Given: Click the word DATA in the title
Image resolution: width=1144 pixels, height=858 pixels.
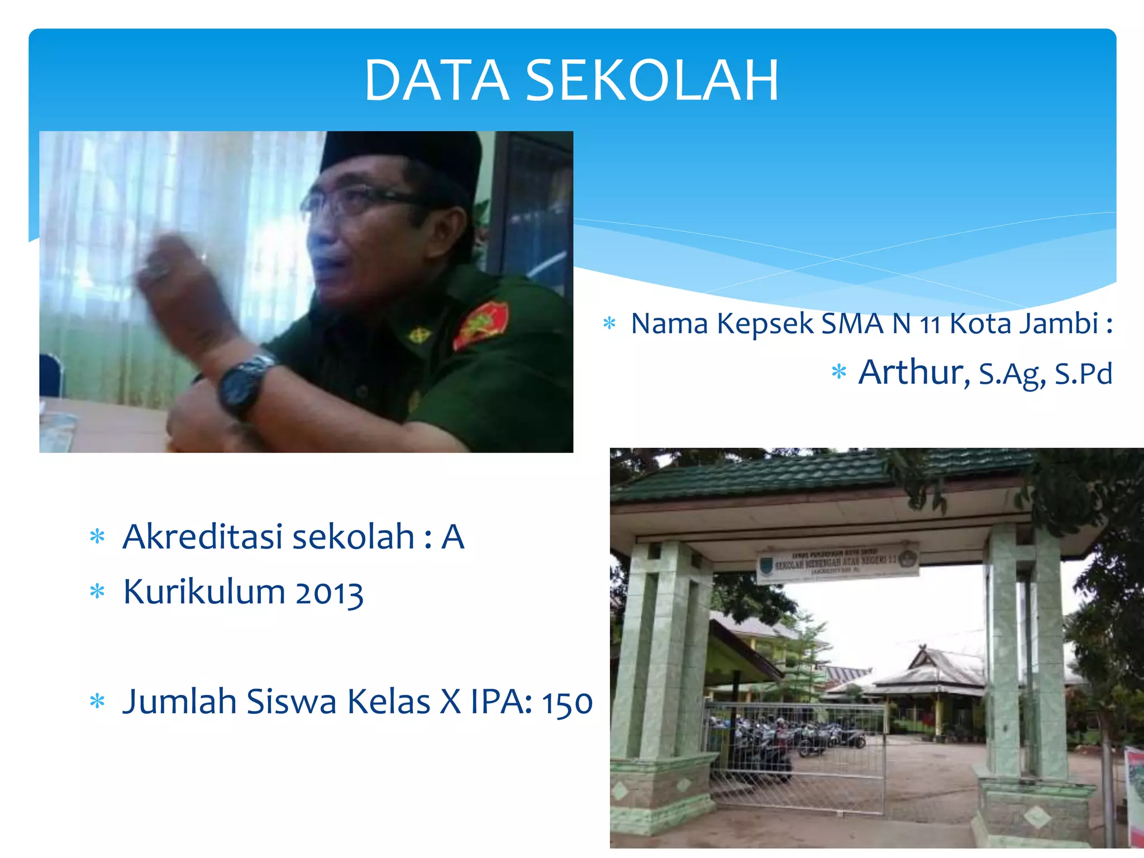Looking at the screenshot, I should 436,81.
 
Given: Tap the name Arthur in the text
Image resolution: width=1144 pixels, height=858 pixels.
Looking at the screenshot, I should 914,373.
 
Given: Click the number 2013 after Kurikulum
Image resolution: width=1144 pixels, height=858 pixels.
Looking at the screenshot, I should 329,593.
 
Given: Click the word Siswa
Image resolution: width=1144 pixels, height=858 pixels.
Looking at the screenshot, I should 291,702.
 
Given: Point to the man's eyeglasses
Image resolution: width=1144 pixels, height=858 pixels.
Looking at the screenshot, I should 357,201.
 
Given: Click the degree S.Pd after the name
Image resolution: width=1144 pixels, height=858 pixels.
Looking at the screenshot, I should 1083,374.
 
